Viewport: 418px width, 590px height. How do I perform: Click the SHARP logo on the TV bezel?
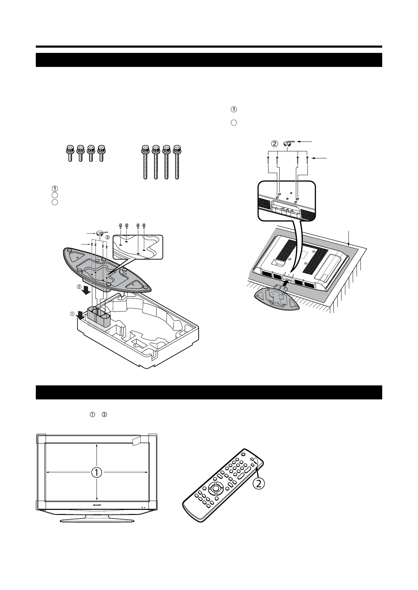pos(96,505)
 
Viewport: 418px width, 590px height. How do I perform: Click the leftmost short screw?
pos(70,153)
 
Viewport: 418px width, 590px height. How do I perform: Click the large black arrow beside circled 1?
pos(80,315)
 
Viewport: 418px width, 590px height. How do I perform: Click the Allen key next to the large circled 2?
pos(288,143)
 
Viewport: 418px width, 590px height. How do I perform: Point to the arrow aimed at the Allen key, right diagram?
pos(306,141)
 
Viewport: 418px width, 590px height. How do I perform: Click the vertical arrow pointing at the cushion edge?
pos(349,238)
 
